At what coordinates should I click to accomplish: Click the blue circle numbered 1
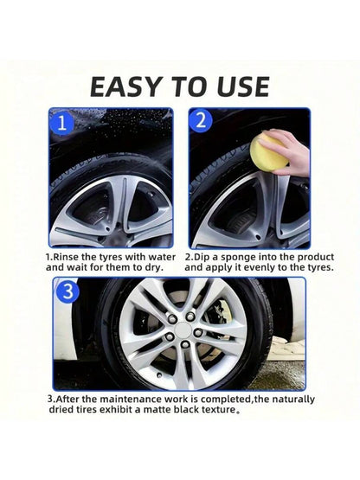coord(62,123)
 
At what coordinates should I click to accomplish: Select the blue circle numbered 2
coord(201,120)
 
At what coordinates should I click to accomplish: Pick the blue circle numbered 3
coord(67,291)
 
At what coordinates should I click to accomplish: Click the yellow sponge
coord(267,155)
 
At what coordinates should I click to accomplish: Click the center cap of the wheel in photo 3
coord(183,330)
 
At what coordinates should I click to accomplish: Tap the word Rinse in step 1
coord(66,257)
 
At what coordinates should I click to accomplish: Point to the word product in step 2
coord(316,257)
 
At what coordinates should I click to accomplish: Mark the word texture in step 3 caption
coord(218,409)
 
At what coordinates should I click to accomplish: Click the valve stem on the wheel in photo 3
coord(159,374)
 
